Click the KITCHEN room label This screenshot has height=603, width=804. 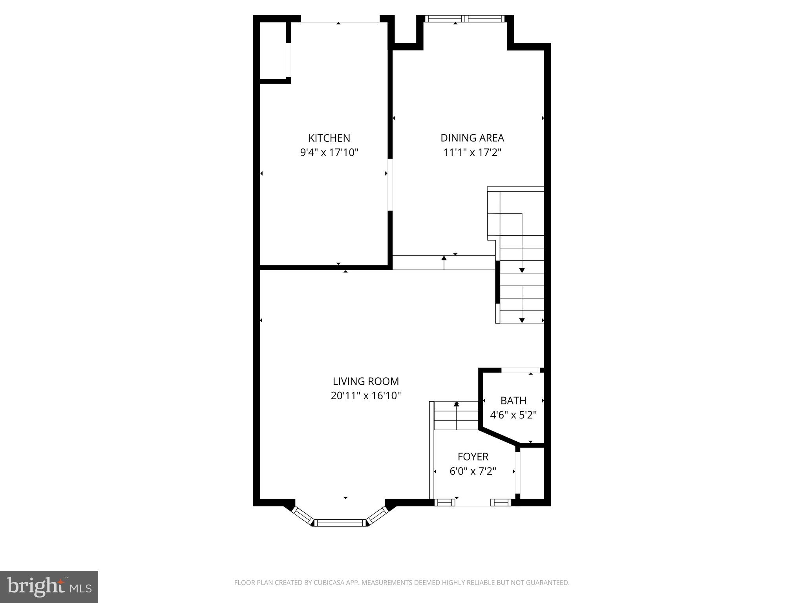pyautogui.click(x=329, y=138)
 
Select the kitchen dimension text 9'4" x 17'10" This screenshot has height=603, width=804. pyautogui.click(x=329, y=152)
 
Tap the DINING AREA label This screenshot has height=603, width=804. pyautogui.click(x=472, y=138)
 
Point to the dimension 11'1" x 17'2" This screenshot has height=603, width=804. pyautogui.click(x=472, y=152)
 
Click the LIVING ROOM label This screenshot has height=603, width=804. pyautogui.click(x=365, y=381)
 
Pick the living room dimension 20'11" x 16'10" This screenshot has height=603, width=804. pyautogui.click(x=365, y=396)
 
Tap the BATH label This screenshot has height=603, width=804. pyautogui.click(x=513, y=400)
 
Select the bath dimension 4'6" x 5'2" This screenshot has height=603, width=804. pyautogui.click(x=513, y=415)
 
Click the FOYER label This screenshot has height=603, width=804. pyautogui.click(x=473, y=457)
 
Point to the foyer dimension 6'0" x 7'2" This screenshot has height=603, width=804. pyautogui.click(x=473, y=471)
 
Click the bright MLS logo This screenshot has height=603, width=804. pyautogui.click(x=49, y=587)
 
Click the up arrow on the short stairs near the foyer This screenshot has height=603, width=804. pyautogui.click(x=456, y=404)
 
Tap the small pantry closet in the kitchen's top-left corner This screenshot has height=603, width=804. pyautogui.click(x=273, y=51)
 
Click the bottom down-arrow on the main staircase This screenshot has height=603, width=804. pyautogui.click(x=522, y=320)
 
